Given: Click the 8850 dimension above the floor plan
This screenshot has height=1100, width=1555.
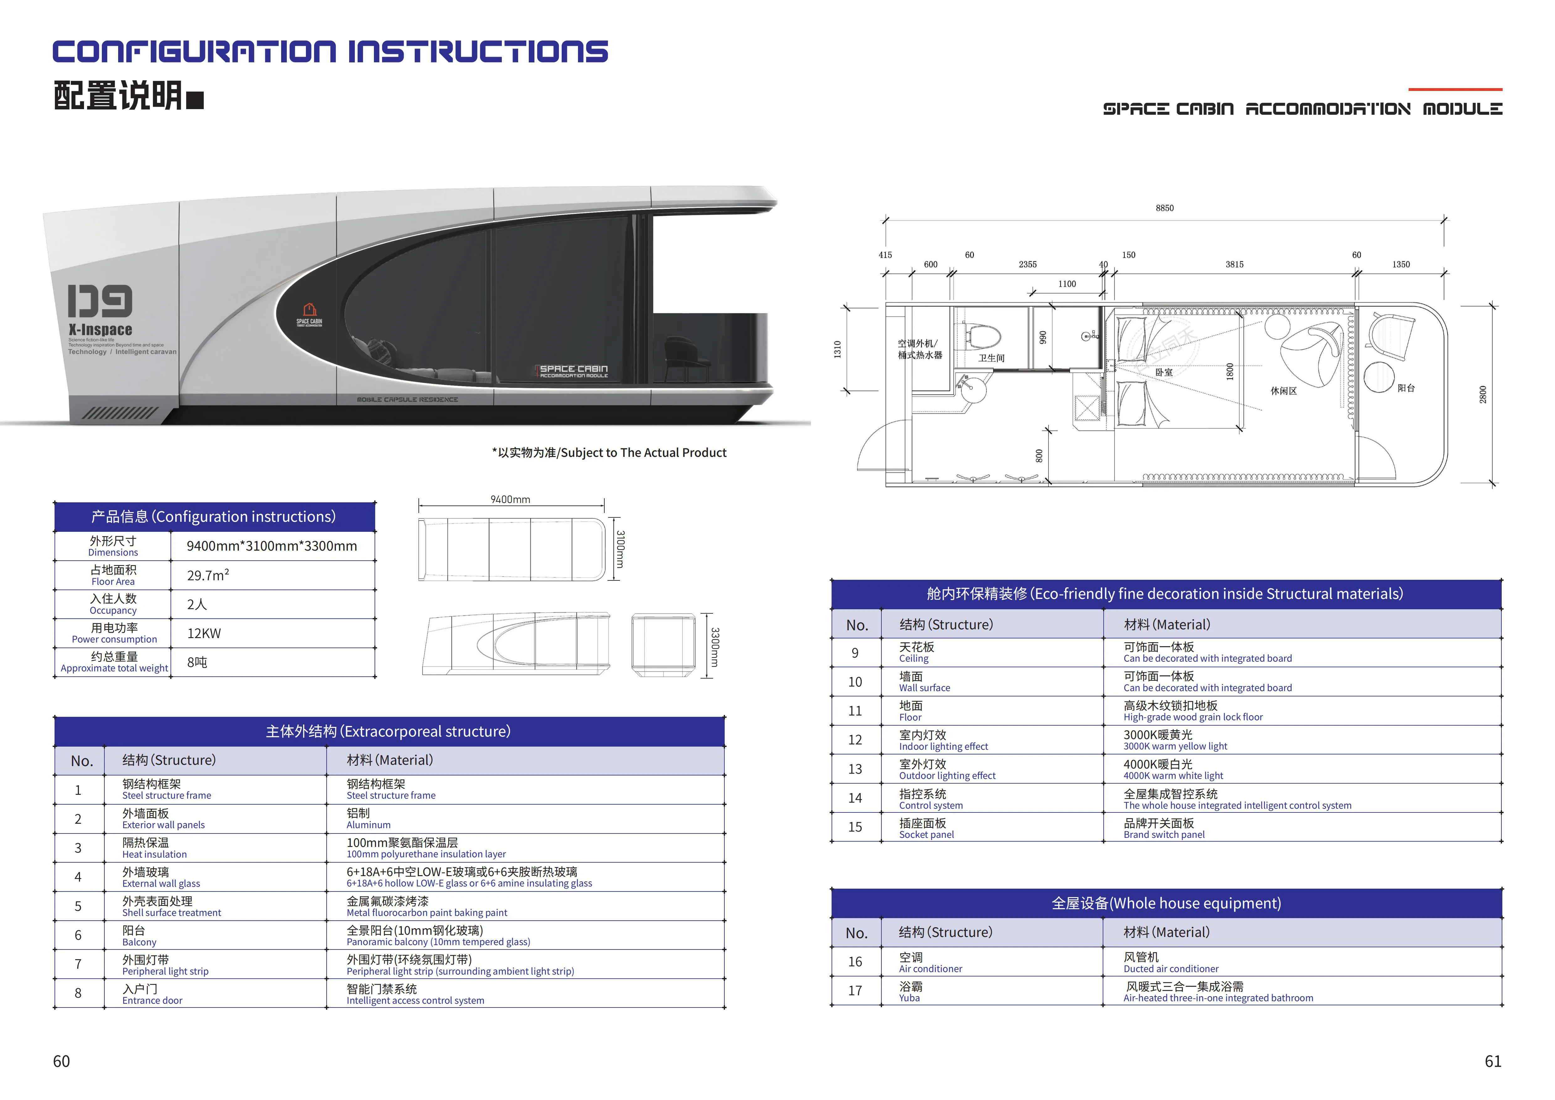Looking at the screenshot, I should tap(1164, 208).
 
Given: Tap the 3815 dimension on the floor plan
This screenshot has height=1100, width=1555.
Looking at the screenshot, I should tap(1234, 264).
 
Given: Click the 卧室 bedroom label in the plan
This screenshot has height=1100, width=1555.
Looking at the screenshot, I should tap(1164, 372).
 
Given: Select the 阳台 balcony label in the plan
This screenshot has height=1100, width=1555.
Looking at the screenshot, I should tap(1406, 388).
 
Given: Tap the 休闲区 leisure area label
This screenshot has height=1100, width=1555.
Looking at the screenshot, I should tap(1284, 391).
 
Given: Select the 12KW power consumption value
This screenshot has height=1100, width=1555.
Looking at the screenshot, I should tap(204, 633).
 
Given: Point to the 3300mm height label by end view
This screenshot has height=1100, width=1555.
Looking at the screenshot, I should tap(715, 647).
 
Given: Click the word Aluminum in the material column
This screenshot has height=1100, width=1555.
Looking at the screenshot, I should tap(368, 825).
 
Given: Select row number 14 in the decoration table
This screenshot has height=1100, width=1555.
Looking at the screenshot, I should tap(855, 798).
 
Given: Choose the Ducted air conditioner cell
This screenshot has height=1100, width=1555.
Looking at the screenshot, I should tap(1170, 969).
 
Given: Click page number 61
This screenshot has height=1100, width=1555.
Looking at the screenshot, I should tap(1493, 1061).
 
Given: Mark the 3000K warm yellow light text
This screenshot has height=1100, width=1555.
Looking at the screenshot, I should tap(1175, 746).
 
